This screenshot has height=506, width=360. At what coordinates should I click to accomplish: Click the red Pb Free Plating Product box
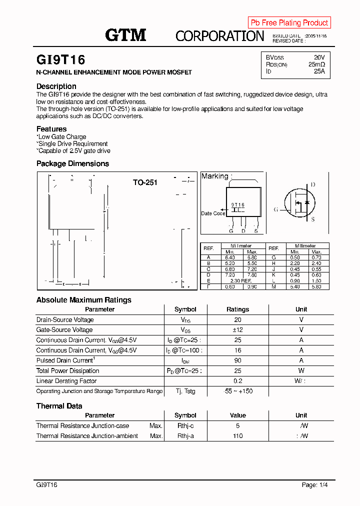click(x=289, y=22)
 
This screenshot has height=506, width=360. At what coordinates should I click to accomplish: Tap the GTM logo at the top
click(x=125, y=35)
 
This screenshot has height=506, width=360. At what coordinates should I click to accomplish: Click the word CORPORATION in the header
click(x=219, y=36)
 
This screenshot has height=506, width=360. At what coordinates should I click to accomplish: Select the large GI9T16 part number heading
click(x=61, y=60)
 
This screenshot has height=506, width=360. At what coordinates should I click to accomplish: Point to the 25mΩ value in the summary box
click(x=316, y=64)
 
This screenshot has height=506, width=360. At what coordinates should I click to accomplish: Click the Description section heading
click(x=56, y=86)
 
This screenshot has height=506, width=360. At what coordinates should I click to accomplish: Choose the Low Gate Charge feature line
click(x=62, y=136)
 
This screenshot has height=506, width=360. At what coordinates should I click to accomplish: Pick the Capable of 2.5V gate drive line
click(x=74, y=150)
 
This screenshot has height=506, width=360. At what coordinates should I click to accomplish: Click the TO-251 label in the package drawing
click(x=145, y=182)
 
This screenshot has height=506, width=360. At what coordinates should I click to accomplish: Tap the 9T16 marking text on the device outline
click(x=237, y=205)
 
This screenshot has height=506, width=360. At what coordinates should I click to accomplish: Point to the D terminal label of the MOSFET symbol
click(x=313, y=184)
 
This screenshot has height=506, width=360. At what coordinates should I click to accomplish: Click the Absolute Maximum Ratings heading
click(x=84, y=300)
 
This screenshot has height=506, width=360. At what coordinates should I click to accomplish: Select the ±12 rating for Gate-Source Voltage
click(x=237, y=330)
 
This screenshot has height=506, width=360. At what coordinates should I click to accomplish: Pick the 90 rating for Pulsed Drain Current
click(x=237, y=360)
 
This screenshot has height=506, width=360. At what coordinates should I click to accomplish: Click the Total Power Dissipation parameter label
click(x=67, y=370)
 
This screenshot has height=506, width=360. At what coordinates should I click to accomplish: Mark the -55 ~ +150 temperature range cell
click(x=238, y=391)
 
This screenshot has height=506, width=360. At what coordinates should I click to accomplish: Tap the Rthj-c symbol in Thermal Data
click(x=185, y=426)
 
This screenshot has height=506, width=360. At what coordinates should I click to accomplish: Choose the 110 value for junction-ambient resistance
click(x=237, y=436)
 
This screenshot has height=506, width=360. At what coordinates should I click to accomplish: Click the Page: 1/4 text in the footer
click(x=315, y=485)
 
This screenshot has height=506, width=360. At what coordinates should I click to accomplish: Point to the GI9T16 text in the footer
click(x=47, y=485)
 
